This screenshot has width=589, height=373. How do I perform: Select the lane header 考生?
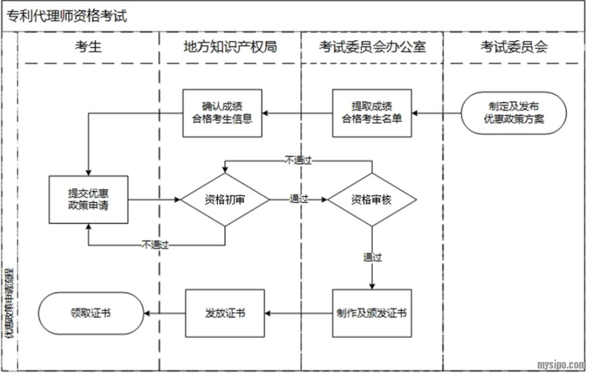[x=88, y=47]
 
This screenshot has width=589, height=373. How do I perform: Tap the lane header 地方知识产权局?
[x=230, y=47]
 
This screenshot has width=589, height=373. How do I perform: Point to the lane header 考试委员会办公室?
[x=372, y=47]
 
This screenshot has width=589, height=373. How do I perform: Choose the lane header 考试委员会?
[x=514, y=47]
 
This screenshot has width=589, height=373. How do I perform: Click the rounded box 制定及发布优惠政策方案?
[x=514, y=112]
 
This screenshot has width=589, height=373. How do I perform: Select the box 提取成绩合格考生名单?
[x=372, y=112]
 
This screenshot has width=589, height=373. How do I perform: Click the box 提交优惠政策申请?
[x=88, y=199]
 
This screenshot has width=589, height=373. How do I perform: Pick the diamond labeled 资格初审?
[x=225, y=199]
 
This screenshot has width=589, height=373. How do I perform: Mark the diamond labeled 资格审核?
[x=372, y=199]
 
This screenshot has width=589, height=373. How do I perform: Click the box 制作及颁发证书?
[x=372, y=313]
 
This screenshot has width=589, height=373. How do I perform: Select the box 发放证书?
[x=225, y=313]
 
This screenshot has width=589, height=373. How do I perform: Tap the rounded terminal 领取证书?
[x=90, y=313]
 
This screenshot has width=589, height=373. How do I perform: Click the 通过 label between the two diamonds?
[x=299, y=199]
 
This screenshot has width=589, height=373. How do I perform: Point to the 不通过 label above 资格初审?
[x=298, y=160]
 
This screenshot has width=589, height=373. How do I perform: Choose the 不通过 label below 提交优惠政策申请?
[x=155, y=245]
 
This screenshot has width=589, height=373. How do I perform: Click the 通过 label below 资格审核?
[x=372, y=257]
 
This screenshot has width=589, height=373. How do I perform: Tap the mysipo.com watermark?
[x=560, y=364]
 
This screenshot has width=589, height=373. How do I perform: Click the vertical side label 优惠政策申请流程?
[x=10, y=303]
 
